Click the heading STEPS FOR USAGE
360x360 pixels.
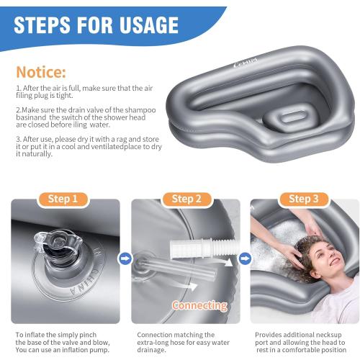point(96,25)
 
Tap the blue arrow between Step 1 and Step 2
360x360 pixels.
point(123,257)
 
